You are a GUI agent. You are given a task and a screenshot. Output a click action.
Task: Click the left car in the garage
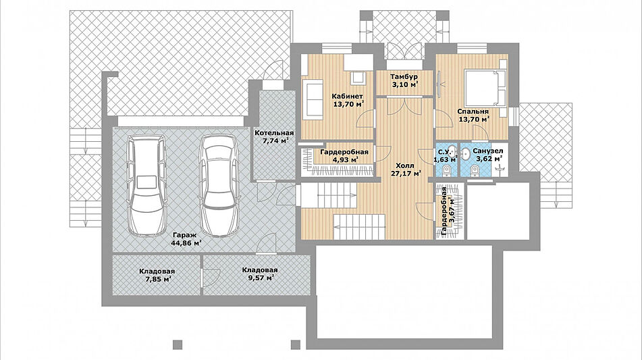tap(146, 185)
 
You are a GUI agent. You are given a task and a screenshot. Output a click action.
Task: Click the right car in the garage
tap(219, 186)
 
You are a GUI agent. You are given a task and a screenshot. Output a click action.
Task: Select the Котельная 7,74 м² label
tap(274, 136)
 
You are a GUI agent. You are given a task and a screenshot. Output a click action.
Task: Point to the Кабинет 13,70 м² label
tap(348, 100)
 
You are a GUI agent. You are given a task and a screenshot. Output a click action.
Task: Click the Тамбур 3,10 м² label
tap(404, 80)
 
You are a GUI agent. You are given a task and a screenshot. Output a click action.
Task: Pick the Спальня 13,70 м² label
tap(474, 115)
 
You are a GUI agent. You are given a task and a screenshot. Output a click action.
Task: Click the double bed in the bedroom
tap(485, 87)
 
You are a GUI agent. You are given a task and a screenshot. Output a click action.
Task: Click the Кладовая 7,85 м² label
tap(157, 275)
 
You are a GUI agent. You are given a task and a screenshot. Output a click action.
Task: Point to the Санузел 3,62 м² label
tap(487, 155)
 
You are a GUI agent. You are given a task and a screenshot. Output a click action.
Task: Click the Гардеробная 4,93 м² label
tap(344, 155)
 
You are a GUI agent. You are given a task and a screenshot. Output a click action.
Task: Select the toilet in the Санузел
tap(475, 170)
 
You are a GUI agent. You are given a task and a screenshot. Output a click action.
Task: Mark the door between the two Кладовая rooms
tap(211, 277)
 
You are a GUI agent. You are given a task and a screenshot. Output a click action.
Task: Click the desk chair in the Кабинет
tap(358, 78)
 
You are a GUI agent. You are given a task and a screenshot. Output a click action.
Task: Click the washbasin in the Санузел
tap(466, 153)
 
